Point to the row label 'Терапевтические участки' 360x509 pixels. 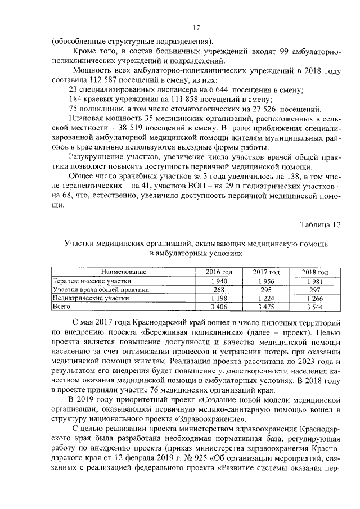91,281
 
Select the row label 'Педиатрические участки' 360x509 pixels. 90,299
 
